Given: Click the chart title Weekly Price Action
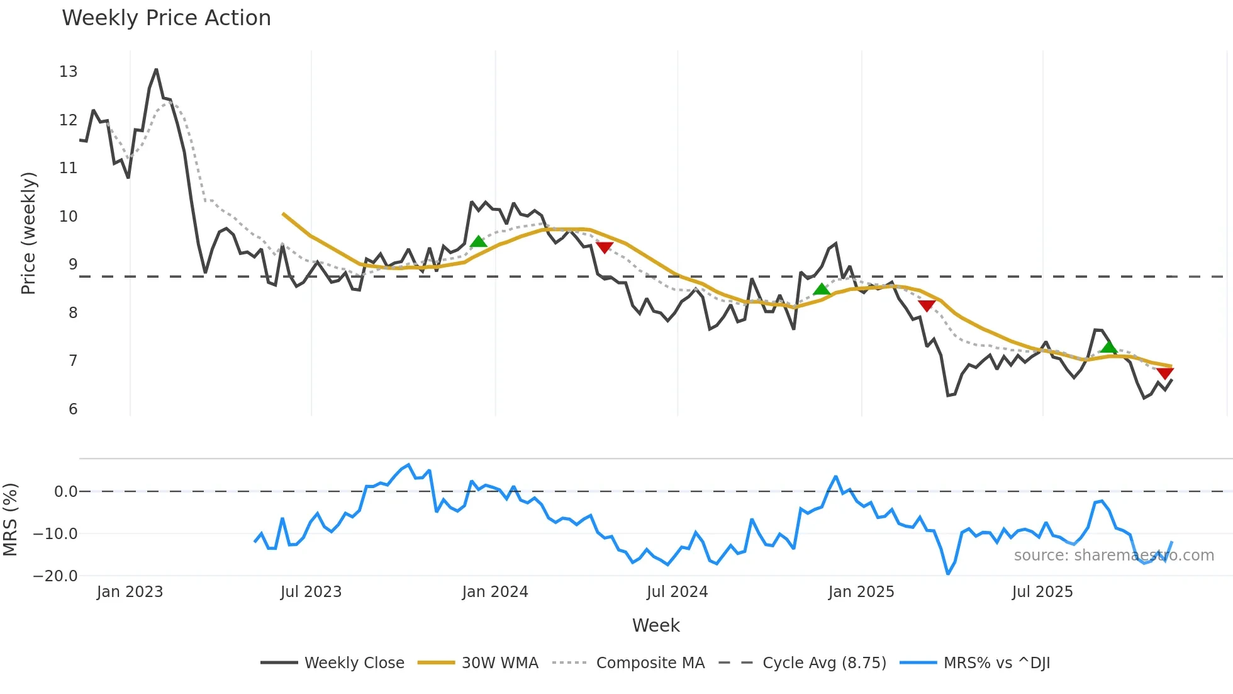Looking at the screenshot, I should coord(166,18).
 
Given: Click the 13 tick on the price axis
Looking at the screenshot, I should coord(69,72).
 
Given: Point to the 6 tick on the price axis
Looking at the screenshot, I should coord(73,409).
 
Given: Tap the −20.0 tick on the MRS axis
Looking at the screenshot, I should coord(55,576).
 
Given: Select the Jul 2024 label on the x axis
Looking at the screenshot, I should coord(677,592).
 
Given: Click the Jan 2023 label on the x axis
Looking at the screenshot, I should coord(130,592).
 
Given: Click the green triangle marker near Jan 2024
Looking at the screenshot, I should coord(478,242).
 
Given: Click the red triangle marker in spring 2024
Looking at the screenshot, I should coord(605,247).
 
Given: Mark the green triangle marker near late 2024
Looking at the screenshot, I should coord(821,290).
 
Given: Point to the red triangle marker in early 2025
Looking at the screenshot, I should coord(927,305).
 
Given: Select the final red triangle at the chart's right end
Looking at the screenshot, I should coord(1165,373).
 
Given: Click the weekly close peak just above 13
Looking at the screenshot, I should coord(156,70).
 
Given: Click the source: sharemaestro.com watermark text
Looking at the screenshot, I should coord(1113,555).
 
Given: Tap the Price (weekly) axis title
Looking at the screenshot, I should coord(28,233).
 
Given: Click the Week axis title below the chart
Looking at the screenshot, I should coord(656,625).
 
